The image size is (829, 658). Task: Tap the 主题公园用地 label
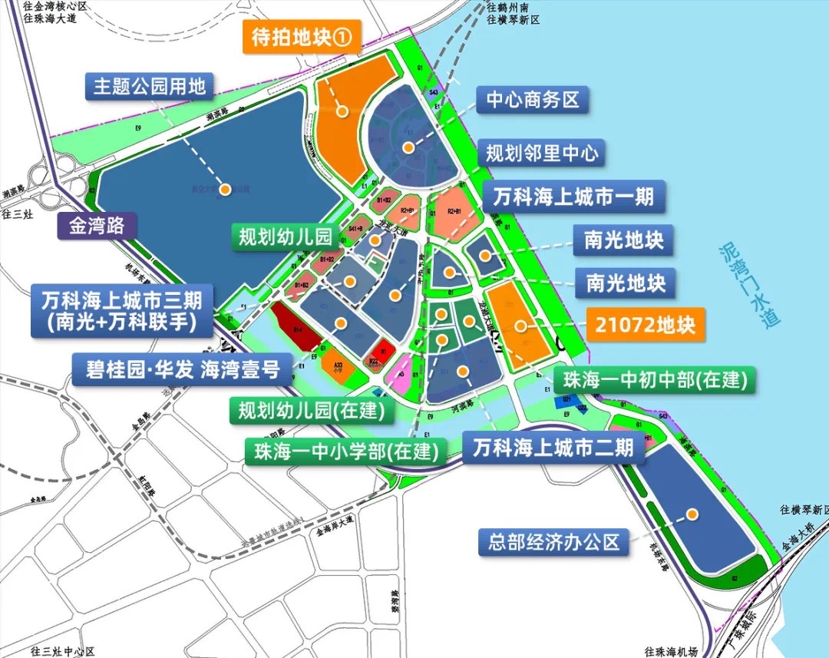(x=150, y=87)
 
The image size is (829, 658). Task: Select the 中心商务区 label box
(x=533, y=100)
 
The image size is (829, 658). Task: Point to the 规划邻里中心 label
(x=542, y=153)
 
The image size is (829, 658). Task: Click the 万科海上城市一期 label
(x=573, y=197)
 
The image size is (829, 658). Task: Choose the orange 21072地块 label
(x=645, y=324)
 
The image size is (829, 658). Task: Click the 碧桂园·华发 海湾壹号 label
(x=182, y=369)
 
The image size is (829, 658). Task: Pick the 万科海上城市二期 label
(x=553, y=447)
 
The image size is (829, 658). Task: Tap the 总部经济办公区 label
(x=553, y=542)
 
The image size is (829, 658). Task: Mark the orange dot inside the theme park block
(x=226, y=189)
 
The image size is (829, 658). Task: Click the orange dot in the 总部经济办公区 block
(x=692, y=514)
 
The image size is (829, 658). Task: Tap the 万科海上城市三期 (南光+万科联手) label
(x=124, y=311)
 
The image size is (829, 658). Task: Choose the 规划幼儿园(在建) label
(x=312, y=411)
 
